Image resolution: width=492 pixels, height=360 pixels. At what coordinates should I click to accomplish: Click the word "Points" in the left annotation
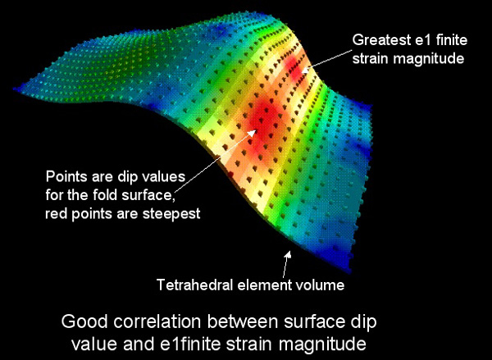66,176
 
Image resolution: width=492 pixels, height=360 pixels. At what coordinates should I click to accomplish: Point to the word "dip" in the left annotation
128,177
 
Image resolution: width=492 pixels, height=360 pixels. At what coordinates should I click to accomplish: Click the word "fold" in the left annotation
106,195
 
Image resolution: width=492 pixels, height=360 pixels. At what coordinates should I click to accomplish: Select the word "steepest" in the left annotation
171,215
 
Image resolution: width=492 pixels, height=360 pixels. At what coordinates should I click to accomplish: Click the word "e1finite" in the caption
190,344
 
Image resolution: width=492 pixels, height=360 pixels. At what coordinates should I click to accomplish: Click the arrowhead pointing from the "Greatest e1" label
306,69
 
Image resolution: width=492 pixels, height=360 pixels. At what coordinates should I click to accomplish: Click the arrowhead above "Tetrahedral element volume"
288,254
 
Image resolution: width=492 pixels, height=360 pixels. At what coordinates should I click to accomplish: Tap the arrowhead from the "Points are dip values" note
253,133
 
